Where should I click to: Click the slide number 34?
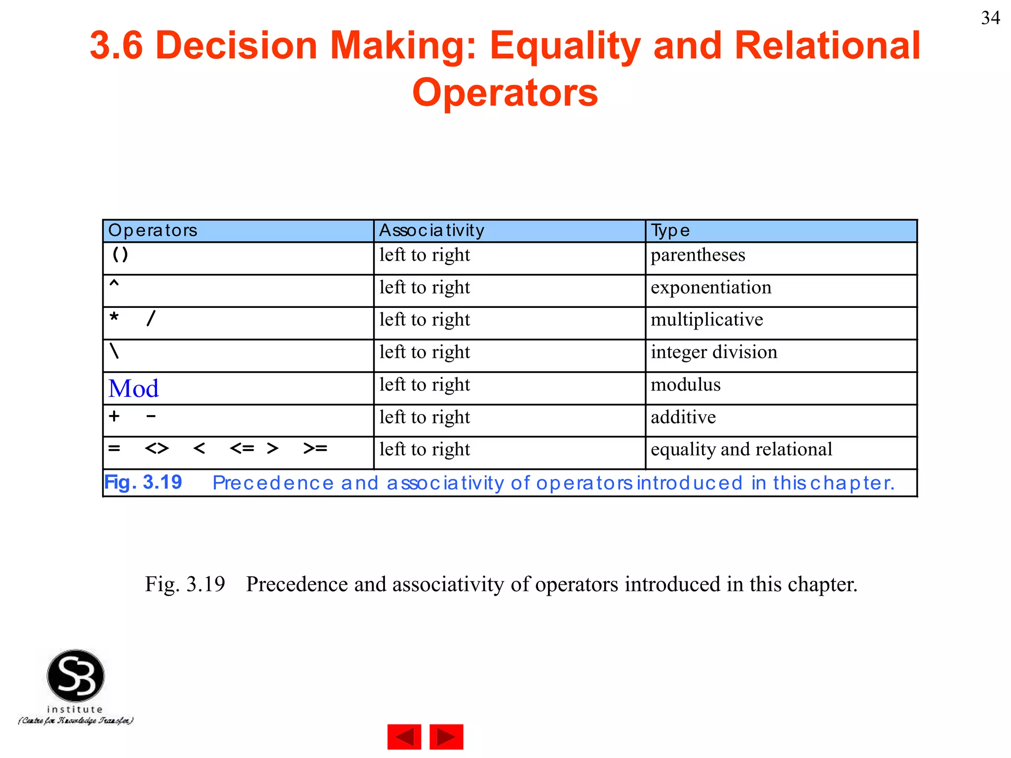click(x=990, y=18)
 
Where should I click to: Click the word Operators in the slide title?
click(x=505, y=93)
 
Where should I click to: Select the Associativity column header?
click(x=431, y=230)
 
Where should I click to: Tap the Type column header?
click(x=670, y=230)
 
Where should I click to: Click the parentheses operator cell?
click(x=120, y=255)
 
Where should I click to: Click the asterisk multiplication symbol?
click(x=114, y=317)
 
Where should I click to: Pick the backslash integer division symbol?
click(x=115, y=351)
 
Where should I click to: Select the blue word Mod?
click(x=133, y=388)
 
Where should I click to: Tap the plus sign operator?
click(x=115, y=416)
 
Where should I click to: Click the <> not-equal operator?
click(x=157, y=449)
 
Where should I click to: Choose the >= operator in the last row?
click(x=315, y=449)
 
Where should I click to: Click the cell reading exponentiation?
click(x=710, y=288)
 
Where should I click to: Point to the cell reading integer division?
click(x=713, y=352)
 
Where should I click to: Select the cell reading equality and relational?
click(x=741, y=450)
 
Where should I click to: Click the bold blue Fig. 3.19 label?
click(x=143, y=482)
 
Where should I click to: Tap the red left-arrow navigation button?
click(x=404, y=737)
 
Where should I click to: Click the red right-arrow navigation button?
click(x=446, y=737)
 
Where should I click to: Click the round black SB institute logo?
click(x=76, y=676)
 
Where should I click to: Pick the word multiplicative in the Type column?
click(x=706, y=320)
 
